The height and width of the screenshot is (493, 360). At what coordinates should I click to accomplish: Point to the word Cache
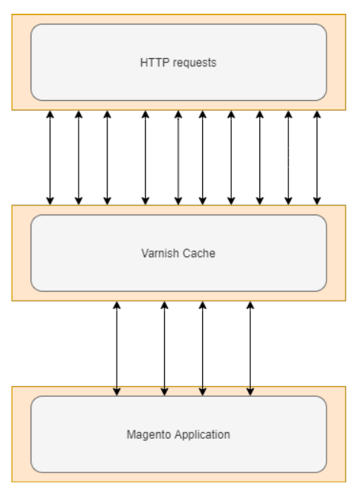(x=199, y=253)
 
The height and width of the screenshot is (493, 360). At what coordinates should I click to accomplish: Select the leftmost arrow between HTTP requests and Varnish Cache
(x=50, y=157)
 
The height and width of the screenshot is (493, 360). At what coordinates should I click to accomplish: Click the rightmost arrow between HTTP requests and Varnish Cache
(x=317, y=157)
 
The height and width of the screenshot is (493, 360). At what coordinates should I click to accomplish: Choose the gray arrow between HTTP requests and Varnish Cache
(x=178, y=157)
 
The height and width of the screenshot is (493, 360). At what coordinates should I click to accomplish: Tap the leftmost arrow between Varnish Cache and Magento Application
(x=117, y=348)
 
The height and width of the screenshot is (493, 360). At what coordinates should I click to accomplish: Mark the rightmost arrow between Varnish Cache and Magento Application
(x=250, y=348)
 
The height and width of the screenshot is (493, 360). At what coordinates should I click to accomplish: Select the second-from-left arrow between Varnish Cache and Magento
(x=164, y=348)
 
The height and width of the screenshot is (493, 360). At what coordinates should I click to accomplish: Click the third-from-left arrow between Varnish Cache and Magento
(x=203, y=348)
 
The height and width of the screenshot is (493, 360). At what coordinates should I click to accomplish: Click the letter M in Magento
(x=130, y=434)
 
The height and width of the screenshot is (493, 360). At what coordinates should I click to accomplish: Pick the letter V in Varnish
(x=145, y=253)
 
